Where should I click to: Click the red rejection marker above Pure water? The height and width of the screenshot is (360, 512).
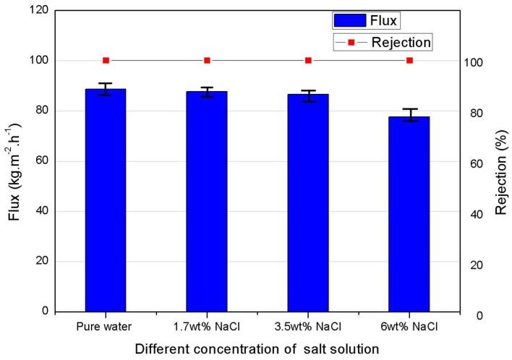[106, 60]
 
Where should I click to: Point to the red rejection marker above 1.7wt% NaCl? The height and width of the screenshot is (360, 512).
[207, 60]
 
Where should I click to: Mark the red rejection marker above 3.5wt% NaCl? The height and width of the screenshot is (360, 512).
[308, 60]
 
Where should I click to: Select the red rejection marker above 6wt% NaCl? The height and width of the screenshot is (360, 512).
[409, 60]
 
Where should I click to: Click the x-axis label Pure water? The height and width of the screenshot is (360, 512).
[106, 327]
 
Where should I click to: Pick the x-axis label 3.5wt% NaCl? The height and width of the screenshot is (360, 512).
[308, 327]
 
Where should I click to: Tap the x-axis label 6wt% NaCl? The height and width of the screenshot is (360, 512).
[409, 327]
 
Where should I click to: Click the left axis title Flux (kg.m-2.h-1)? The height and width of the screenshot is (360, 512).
[14, 160]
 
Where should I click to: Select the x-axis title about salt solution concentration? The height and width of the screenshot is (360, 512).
[257, 348]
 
